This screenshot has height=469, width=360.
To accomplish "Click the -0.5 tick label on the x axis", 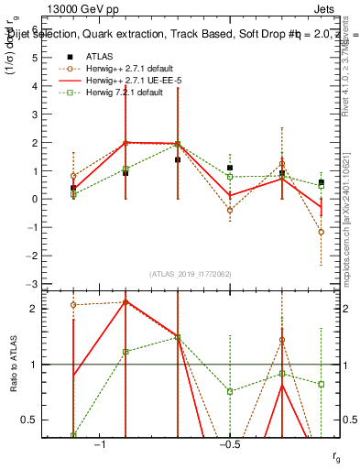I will (229, 443).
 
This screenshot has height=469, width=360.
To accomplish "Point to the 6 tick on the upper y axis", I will (34, 29).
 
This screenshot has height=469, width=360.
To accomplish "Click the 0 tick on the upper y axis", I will (34, 199).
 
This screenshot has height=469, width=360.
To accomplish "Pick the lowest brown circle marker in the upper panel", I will (321, 232).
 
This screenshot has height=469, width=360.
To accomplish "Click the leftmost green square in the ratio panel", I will (73, 435).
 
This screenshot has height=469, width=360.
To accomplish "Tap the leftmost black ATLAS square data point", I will (73, 188).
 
